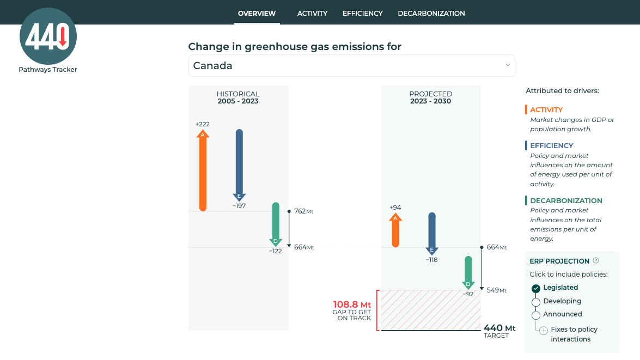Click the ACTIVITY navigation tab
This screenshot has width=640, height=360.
pyautogui.click(x=312, y=13)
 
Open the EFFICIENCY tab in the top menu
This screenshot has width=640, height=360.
pyautogui.click(x=362, y=13)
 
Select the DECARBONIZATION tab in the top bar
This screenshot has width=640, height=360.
pyautogui.click(x=431, y=13)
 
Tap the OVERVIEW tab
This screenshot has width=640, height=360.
pyautogui.click(x=257, y=13)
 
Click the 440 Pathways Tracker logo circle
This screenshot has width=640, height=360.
pyautogui.click(x=48, y=36)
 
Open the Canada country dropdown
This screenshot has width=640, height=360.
pyautogui.click(x=351, y=66)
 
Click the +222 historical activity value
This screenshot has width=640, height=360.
pyautogui.click(x=203, y=124)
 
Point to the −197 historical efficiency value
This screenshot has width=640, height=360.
pyautogui.click(x=239, y=206)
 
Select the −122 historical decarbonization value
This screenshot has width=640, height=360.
pyautogui.click(x=276, y=251)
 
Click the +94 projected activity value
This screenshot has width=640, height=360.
pyautogui.click(x=395, y=208)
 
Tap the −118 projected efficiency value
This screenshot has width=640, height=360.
pyautogui.click(x=431, y=260)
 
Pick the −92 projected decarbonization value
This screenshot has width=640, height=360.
pyautogui.click(x=468, y=294)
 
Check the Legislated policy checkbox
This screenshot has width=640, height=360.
pyautogui.click(x=536, y=288)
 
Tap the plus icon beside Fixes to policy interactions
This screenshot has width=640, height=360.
pyautogui.click(x=543, y=330)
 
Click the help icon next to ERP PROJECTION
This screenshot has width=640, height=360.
pyautogui.click(x=596, y=261)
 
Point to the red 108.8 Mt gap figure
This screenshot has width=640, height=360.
pyautogui.click(x=352, y=304)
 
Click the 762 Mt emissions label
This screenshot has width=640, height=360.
pyautogui.click(x=303, y=211)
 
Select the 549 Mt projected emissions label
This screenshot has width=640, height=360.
pyautogui.click(x=496, y=290)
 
